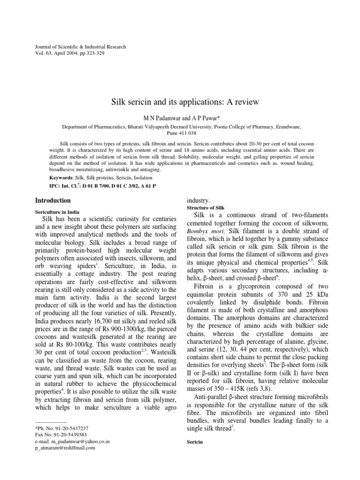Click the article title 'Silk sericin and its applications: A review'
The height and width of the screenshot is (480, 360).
pyautogui.click(x=185, y=101)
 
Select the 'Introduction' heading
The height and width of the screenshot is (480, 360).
pyautogui.click(x=54, y=200)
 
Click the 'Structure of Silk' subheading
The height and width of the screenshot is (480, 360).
pyautogui.click(x=206, y=207)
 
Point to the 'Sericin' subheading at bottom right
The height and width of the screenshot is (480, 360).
pyautogui.click(x=195, y=442)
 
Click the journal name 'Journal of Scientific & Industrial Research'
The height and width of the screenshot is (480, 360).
pyautogui.click(x=81, y=47)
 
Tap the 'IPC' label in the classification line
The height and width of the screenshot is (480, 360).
pyautogui.click(x=55, y=186)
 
